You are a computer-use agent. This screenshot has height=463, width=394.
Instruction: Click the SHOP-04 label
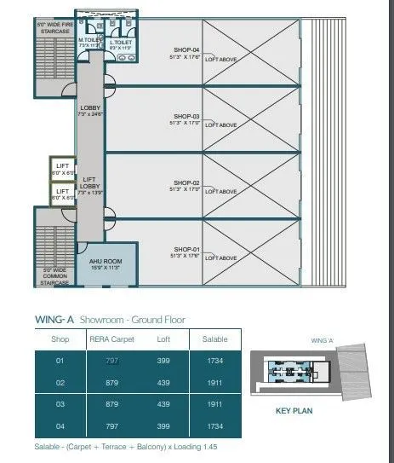pyautogui.click(x=185, y=50)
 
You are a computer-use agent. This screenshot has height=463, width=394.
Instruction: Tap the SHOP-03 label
pyautogui.click(x=185, y=116)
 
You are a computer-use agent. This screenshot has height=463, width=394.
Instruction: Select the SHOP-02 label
pyautogui.click(x=185, y=182)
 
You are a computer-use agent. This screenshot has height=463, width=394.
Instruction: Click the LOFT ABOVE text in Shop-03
pyautogui.click(x=221, y=125)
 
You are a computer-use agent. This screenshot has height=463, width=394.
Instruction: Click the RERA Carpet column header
pyautogui.click(x=113, y=338)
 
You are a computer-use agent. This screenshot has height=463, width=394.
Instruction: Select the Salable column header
pyautogui.click(x=214, y=338)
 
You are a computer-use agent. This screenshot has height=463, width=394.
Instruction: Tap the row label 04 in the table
pyautogui.click(x=60, y=425)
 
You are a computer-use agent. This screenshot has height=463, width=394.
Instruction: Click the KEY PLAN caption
pyautogui.click(x=294, y=410)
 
